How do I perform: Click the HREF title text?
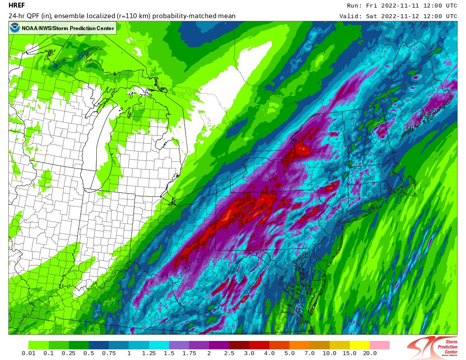click(17, 6)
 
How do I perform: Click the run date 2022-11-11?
click(396, 6)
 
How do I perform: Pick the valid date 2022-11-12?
click(396, 16)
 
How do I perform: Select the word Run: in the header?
click(354, 6)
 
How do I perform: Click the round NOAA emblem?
click(15, 28)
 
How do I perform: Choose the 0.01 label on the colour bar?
click(28, 353)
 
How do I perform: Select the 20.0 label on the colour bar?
click(370, 353)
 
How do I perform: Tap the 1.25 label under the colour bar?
click(149, 353)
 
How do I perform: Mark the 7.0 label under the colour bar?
click(309, 353)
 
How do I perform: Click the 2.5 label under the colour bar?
click(229, 353)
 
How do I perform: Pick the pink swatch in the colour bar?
click(379, 345)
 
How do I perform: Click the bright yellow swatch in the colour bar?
click(359, 345)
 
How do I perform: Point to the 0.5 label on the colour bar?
click(88, 353)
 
